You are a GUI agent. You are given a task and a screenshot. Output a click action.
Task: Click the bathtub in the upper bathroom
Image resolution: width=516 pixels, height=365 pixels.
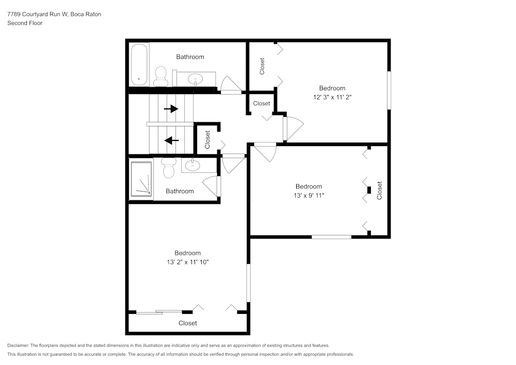[x=139, y=65]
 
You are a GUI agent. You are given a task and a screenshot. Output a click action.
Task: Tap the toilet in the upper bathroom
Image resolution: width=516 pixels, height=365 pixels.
[x=160, y=77]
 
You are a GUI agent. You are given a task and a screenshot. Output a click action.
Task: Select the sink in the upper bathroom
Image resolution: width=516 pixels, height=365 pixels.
[x=196, y=79]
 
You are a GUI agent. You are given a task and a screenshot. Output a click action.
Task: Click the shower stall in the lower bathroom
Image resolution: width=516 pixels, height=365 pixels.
[x=141, y=179]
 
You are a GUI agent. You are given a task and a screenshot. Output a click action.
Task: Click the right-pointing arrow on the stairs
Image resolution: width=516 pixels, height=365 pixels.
[x=171, y=109]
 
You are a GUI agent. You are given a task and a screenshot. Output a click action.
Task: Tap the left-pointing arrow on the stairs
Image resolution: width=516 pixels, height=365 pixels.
[x=171, y=140]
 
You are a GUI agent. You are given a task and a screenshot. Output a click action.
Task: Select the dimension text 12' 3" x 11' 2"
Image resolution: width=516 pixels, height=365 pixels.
[x=332, y=97]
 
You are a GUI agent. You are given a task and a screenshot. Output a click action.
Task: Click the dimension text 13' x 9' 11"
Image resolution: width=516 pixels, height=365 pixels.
[x=308, y=195]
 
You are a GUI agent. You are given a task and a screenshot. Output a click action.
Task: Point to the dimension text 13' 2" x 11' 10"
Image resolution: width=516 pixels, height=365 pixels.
[x=187, y=262]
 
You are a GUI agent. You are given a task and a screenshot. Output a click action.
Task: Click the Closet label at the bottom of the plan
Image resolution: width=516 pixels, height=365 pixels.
[x=187, y=323]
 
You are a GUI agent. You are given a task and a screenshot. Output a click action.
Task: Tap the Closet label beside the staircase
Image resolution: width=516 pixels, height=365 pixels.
[x=207, y=139]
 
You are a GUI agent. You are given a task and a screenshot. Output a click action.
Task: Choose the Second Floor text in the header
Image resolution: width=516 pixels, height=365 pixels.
[x=25, y=23]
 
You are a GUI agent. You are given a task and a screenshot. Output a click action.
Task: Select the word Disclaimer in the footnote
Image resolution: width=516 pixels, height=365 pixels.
[x=18, y=345]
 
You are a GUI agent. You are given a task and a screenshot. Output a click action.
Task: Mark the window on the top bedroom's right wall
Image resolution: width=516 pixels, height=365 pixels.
[x=389, y=90]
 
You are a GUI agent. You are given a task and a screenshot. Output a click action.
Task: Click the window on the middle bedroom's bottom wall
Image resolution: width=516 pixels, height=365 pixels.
[x=331, y=237]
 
